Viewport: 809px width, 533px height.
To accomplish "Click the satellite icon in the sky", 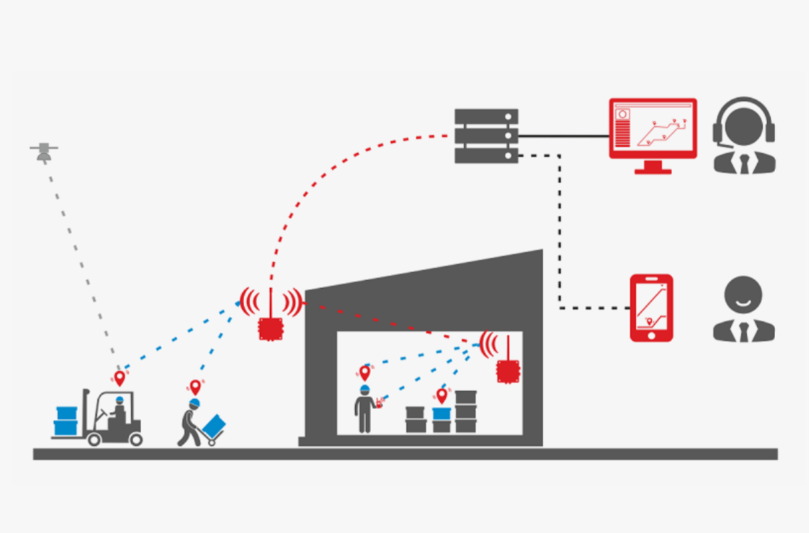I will (x=44, y=151).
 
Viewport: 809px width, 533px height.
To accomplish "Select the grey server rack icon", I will (x=486, y=135).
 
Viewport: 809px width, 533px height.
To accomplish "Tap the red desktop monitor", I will (x=653, y=130).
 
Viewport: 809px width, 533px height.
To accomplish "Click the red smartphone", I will (x=651, y=308).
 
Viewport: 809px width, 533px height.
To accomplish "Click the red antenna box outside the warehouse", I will (x=271, y=328).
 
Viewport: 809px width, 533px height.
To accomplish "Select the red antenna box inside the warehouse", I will (x=508, y=370).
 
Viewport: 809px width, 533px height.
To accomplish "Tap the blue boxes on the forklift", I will (x=66, y=421).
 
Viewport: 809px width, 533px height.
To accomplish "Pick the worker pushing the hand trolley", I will (x=191, y=421).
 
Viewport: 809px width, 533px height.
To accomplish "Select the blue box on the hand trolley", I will (x=214, y=426).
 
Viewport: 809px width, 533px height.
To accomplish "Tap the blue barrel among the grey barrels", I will (x=442, y=413).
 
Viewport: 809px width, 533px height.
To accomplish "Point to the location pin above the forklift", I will (x=120, y=377).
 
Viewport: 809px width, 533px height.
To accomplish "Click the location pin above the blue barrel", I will (x=442, y=395).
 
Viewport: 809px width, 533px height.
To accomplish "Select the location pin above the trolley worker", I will (x=195, y=388).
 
